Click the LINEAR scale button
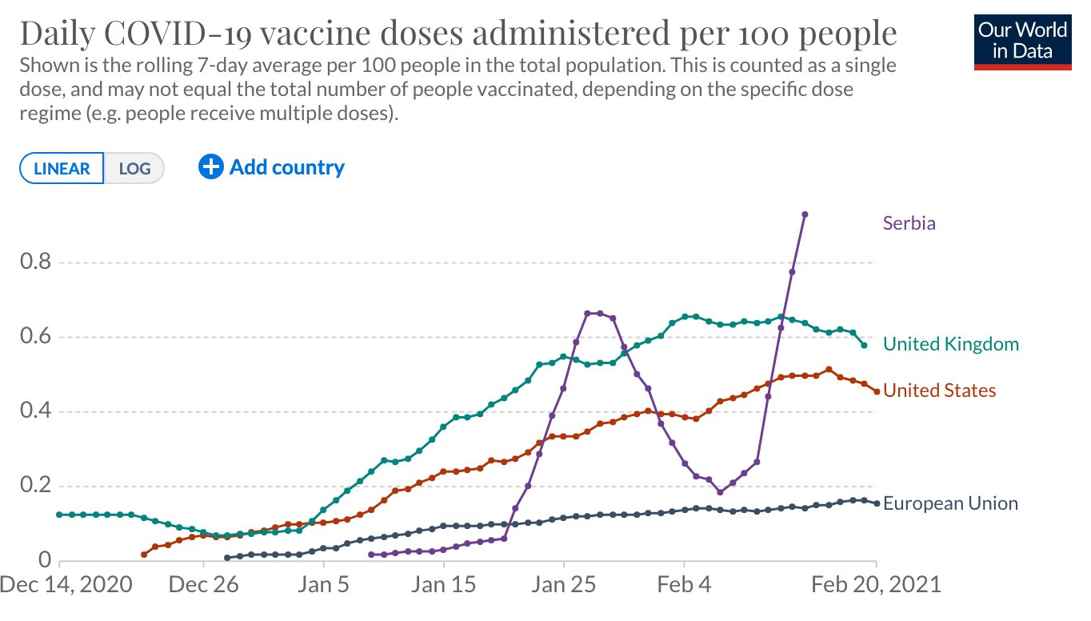pyautogui.click(x=62, y=169)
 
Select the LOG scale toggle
pyautogui.click(x=134, y=169)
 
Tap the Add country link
pyautogui.click(x=272, y=167)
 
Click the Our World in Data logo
pyautogui.click(x=1023, y=41)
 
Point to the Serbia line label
pyautogui.click(x=909, y=223)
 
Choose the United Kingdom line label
pyautogui.click(x=951, y=344)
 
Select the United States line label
pyautogui.click(x=940, y=391)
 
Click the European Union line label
pyautogui.click(x=950, y=503)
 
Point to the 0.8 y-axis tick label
pyautogui.click(x=35, y=262)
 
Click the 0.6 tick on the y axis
pyautogui.click(x=35, y=337)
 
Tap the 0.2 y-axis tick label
pyautogui.click(x=35, y=487)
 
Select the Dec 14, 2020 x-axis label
pyautogui.click(x=66, y=584)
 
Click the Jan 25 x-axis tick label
pyautogui.click(x=564, y=584)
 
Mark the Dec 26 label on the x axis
pyautogui.click(x=204, y=584)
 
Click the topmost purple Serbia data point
pyautogui.click(x=805, y=214)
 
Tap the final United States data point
pyautogui.click(x=877, y=391)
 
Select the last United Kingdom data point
pyautogui.click(x=864, y=345)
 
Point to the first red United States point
pyautogui.click(x=144, y=555)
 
